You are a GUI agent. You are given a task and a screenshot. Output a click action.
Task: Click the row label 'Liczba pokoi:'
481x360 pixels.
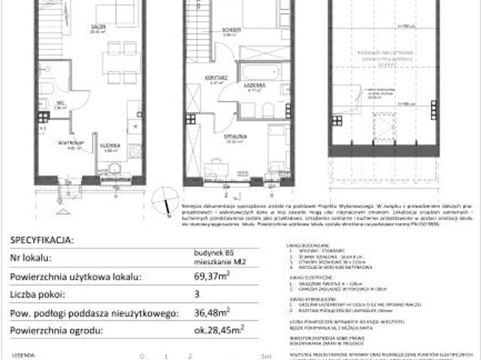[38, 295]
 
